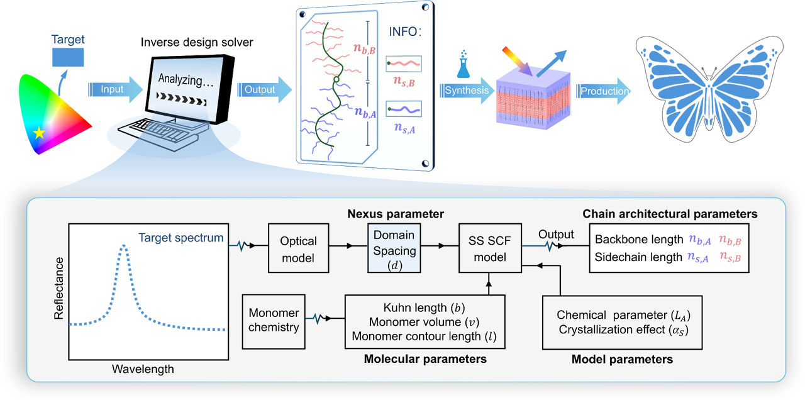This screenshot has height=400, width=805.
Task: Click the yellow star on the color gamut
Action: (x=40, y=132)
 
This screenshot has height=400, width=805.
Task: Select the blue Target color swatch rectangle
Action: (x=67, y=57)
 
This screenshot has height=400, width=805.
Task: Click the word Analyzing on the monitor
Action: (x=180, y=80)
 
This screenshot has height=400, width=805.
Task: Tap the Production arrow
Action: (x=603, y=91)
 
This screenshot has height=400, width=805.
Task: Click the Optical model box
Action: (x=299, y=248)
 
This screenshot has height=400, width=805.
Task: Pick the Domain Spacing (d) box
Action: (x=394, y=249)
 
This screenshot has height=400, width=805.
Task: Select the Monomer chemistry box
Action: (x=274, y=320)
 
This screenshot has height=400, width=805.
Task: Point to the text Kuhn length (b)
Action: (x=424, y=308)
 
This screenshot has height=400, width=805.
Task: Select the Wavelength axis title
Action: (x=143, y=369)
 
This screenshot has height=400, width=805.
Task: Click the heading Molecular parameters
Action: (x=425, y=359)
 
